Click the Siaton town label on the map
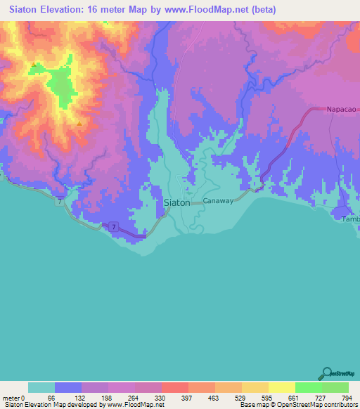[x=176, y=202]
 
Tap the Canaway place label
[x=218, y=201]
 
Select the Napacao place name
[x=342, y=110]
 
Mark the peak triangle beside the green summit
[x=33, y=65]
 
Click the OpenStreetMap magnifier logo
[x=326, y=372]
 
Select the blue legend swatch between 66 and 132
[x=68, y=387]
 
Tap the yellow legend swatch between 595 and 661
[x=282, y=387]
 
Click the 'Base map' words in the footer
[x=252, y=405]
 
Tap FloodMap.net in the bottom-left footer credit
[x=134, y=405]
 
